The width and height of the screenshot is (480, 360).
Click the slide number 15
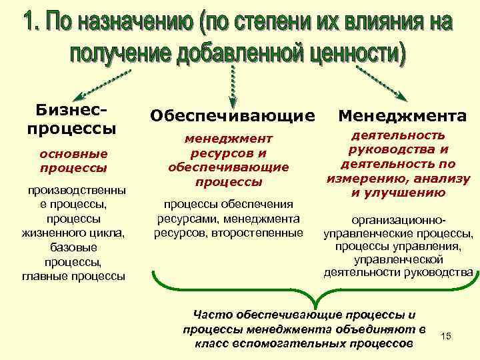[x=446, y=336]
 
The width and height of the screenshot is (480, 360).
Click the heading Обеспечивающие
[x=232, y=115]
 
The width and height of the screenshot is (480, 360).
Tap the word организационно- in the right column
[x=398, y=219]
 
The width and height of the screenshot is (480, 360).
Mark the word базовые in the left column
[x=73, y=247]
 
